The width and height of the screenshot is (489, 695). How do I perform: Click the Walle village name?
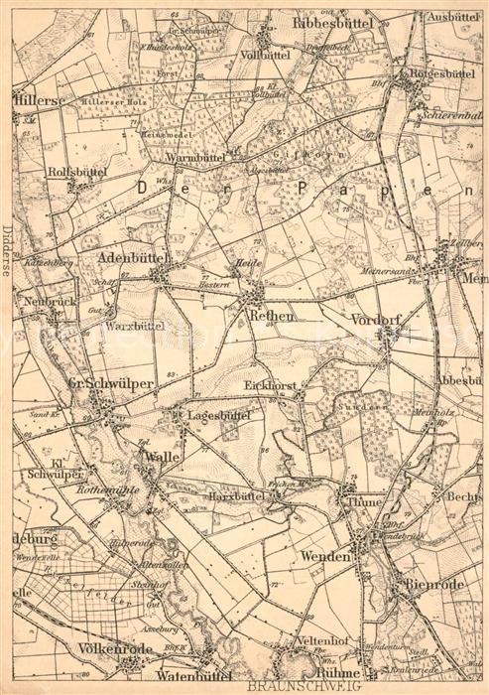click(160, 456)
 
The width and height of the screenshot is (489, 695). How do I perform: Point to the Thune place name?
click(363, 502)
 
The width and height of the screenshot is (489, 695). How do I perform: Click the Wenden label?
click(326, 558)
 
